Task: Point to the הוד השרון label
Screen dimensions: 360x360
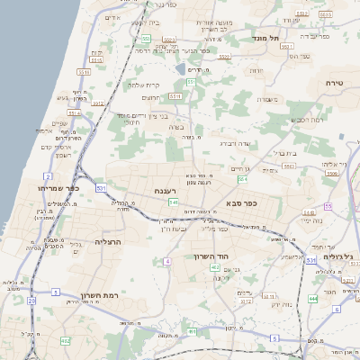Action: pos(212,256)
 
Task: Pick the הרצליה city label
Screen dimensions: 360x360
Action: pos(107,242)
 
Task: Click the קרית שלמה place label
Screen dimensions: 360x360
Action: pos(143,85)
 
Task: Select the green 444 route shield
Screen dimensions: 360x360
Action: pos(312,298)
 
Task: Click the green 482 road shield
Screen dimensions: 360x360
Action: pos(65,341)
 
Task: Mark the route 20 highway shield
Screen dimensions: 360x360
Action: pos(31,301)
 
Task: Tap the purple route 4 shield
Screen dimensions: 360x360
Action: pos(167,261)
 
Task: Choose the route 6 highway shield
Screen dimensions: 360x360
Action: pos(337,309)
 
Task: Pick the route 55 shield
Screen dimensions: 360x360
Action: pos(328,206)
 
